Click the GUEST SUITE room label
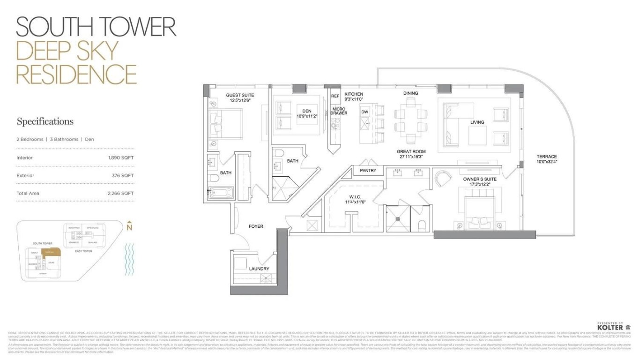240,95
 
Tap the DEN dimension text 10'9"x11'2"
307,116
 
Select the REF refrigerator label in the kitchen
335,96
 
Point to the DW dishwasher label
365,112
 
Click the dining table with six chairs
410,120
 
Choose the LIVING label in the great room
477,122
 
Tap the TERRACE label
547,157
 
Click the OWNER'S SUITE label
480,179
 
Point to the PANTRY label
368,171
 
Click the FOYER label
256,226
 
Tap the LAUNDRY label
259,269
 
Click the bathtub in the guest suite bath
221,193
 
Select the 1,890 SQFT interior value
121,157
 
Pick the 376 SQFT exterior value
123,175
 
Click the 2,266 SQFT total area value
120,193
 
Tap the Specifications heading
45,121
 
